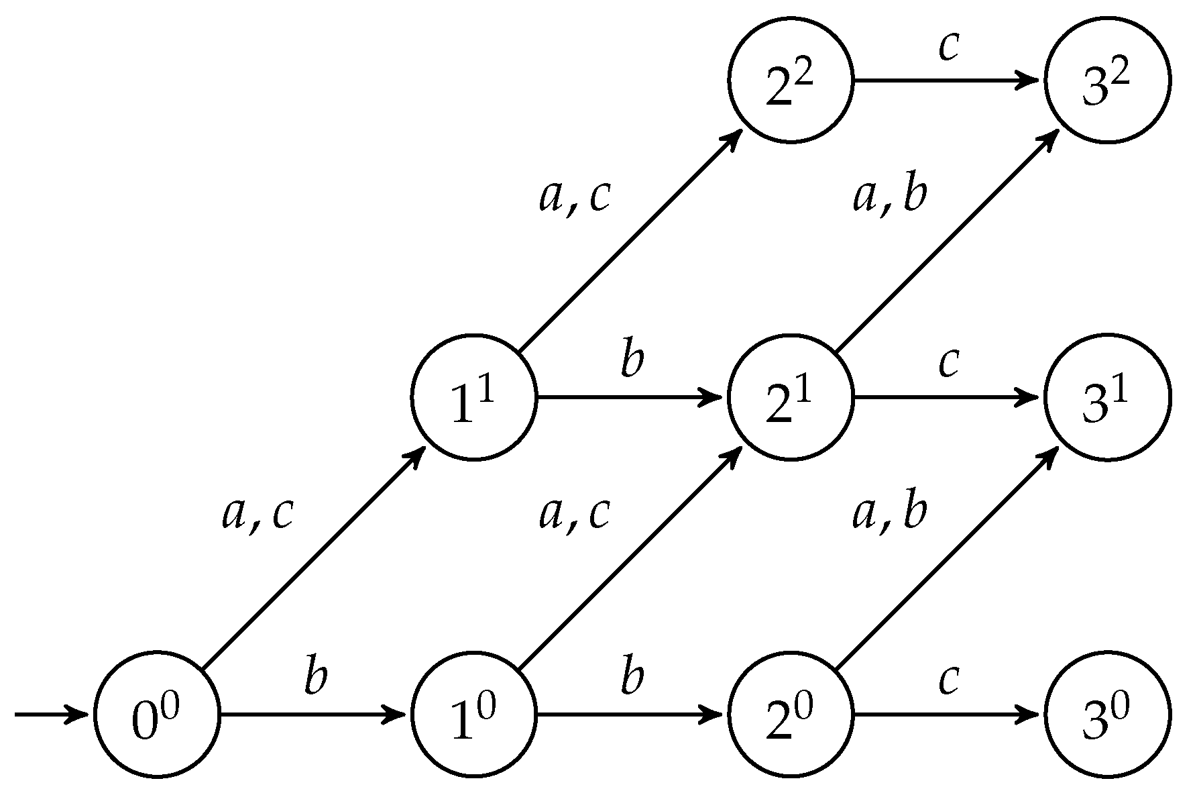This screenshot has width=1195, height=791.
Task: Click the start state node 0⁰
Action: (158, 715)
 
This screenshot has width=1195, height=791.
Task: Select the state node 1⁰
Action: (474, 715)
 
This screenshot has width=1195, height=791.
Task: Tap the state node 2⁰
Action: (791, 715)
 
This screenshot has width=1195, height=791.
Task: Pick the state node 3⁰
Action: (1107, 715)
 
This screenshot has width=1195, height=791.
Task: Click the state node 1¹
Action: (474, 397)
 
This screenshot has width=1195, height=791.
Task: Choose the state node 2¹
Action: (791, 397)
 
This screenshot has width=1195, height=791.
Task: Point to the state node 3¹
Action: (1107, 397)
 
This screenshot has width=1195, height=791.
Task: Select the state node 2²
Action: (791, 80)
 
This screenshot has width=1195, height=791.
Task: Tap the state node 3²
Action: (1107, 80)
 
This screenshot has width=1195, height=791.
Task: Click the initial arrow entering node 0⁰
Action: (50, 715)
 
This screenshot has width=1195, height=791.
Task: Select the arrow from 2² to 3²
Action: (946, 81)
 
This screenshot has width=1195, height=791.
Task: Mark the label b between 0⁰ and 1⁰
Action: (315, 678)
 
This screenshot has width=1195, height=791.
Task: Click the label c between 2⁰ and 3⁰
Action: (948, 680)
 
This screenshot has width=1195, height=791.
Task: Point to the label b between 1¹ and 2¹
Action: (632, 360)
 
